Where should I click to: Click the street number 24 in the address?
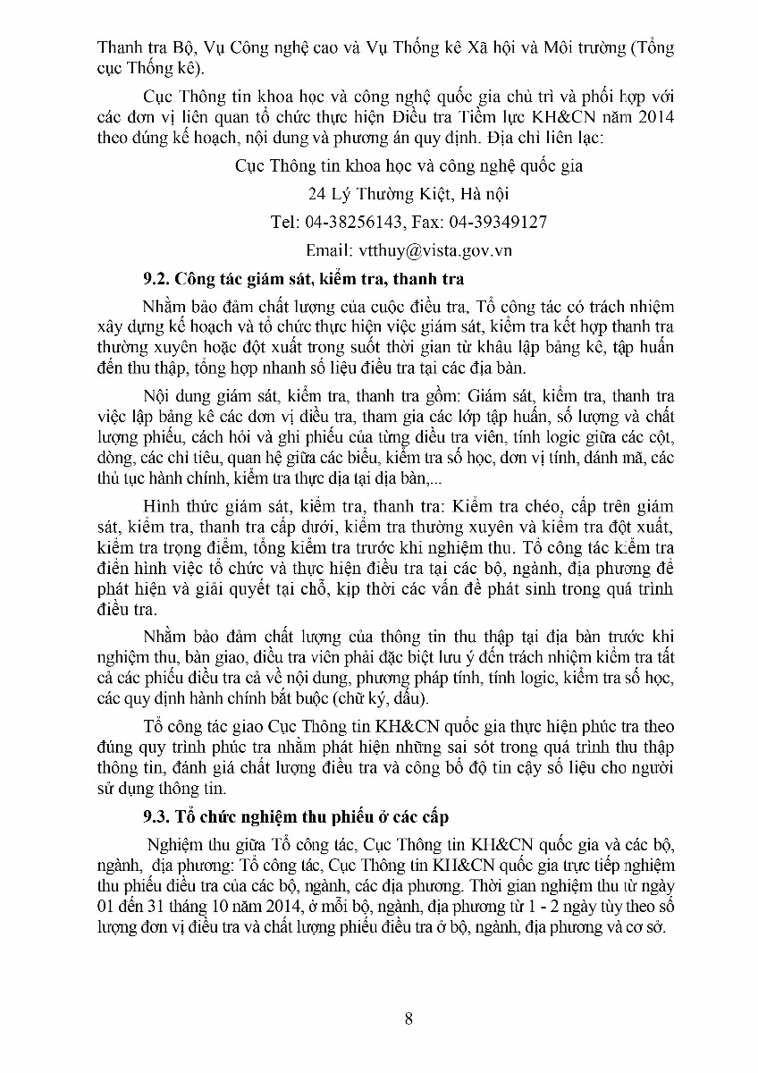tap(316, 193)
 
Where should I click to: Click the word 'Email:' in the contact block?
tap(329, 250)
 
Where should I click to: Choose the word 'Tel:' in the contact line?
tap(286, 222)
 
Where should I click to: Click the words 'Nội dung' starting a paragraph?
tap(174, 394)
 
